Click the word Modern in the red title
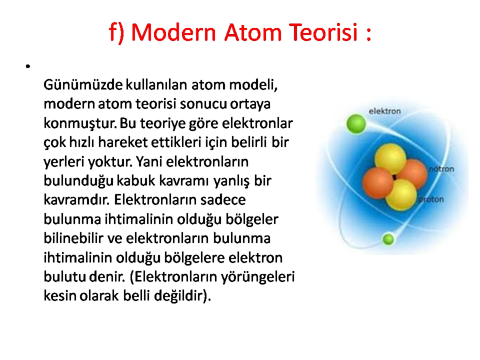coord(173,32)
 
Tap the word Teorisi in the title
coord(323,32)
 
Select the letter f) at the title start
coord(116,33)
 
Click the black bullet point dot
coord(28,66)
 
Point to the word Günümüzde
coord(83,85)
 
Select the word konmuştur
coord(80,123)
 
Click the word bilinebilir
coord(73,238)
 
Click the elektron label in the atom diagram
coord(384,111)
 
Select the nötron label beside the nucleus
coord(441,169)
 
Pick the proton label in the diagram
coord(431,200)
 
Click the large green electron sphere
coord(356,124)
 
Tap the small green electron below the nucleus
coord(388,239)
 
